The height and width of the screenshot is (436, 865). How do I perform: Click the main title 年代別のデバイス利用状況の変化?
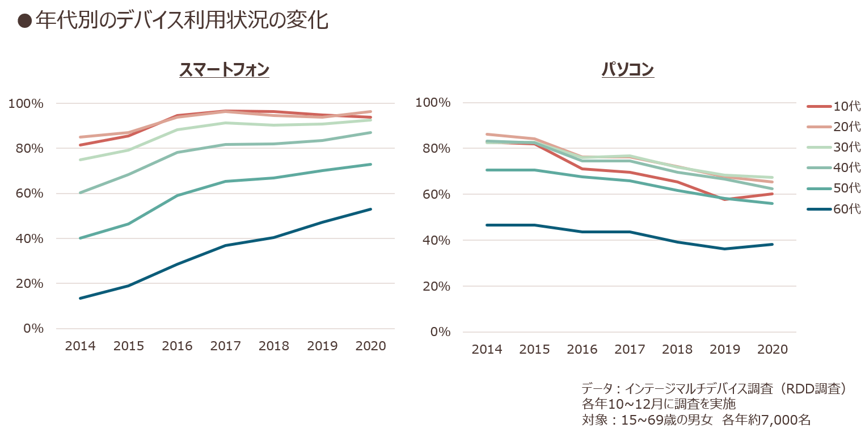point(182,20)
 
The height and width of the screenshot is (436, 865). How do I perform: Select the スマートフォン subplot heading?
point(225,70)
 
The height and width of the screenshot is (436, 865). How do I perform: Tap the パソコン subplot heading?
point(628,70)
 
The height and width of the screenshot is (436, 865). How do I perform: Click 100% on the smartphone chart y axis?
point(26,103)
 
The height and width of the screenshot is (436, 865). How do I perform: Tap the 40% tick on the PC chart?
point(436,240)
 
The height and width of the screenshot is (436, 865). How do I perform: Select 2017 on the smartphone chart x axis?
point(226,346)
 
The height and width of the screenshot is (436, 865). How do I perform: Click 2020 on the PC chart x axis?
point(773,349)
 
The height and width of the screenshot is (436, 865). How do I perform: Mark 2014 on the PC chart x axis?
point(487,349)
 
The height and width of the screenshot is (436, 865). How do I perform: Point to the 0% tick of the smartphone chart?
point(33,329)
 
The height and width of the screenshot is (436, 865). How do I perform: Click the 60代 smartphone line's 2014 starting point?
point(80,299)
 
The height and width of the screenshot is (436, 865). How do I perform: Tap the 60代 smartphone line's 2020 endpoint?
point(371,209)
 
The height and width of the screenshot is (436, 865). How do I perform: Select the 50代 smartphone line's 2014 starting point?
point(80,238)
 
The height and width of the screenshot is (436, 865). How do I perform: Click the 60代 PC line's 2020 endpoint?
point(773,244)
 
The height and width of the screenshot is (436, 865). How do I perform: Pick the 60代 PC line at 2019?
point(724,249)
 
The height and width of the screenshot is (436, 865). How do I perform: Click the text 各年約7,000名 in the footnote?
point(766,420)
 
